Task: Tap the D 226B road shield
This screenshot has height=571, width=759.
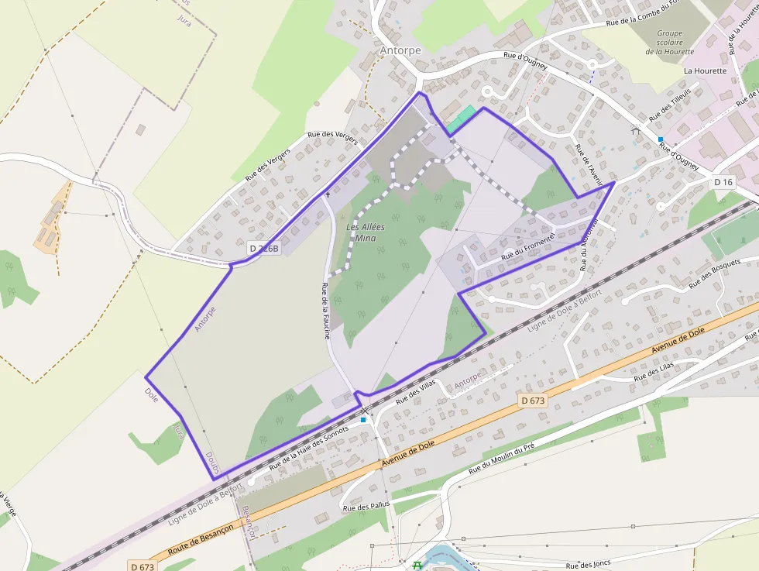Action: [x=263, y=248]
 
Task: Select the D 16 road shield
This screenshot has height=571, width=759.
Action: [x=723, y=182]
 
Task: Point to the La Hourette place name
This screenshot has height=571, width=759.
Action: [x=705, y=71]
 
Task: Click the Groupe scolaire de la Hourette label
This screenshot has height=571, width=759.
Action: [x=669, y=43]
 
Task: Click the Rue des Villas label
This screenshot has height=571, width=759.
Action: [x=416, y=391]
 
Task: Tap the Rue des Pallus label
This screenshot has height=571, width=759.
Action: [x=366, y=507]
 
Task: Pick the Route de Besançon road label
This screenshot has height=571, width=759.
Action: [x=201, y=538]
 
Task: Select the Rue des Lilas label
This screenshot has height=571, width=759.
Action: [x=654, y=371]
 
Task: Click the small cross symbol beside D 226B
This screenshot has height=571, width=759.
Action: [x=328, y=194]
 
